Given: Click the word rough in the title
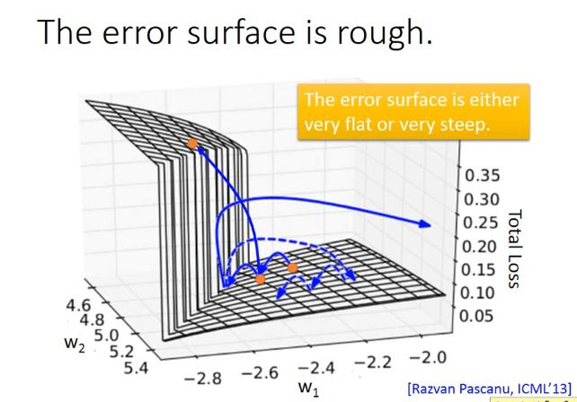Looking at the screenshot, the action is tap(384, 33).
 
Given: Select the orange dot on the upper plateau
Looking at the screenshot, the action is tap(192, 144).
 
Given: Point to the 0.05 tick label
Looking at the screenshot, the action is tap(476, 315).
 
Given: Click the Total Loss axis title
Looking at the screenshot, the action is tap(515, 249).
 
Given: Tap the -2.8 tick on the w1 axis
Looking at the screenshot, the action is tap(203, 378).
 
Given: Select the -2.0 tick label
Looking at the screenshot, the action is tap(428, 357).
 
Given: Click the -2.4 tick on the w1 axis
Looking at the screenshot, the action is tap(316, 368).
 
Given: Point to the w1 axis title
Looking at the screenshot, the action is tap(309, 389).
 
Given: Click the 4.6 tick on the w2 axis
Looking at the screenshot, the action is tap(78, 304).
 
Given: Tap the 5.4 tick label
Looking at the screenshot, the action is tap(136, 368).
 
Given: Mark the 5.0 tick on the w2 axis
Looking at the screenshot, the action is tap(107, 335).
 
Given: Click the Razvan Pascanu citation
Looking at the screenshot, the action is tap(490, 389).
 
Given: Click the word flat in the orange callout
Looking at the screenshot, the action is tap(360, 124).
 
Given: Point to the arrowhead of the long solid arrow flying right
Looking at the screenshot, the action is tap(425, 223).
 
